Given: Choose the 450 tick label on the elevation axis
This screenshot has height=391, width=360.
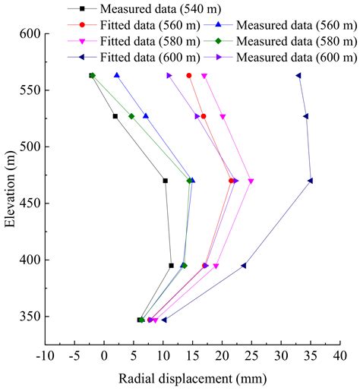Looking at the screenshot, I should pyautogui.click(x=30, y=203).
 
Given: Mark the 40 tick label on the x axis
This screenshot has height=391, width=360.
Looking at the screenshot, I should pyautogui.click(x=340, y=353).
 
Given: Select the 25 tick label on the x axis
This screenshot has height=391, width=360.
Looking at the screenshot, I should pyautogui.click(x=251, y=353).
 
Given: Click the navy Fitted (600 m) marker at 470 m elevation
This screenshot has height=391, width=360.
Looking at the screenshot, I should pyautogui.click(x=311, y=181).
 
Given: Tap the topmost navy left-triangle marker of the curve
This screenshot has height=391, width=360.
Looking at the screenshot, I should pyautogui.click(x=298, y=75).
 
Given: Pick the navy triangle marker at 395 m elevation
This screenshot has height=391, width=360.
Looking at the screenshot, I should pyautogui.click(x=244, y=266).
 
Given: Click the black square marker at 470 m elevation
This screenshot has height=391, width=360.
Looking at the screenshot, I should pyautogui.click(x=165, y=181).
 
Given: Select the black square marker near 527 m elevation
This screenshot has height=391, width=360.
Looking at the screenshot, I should pyautogui.click(x=115, y=116).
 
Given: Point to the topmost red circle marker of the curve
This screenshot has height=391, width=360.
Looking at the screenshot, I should pyautogui.click(x=189, y=75).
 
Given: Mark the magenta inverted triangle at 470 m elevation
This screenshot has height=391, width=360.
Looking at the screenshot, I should pyautogui.click(x=251, y=181).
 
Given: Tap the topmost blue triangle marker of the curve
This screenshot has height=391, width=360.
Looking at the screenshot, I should pyautogui.click(x=117, y=75).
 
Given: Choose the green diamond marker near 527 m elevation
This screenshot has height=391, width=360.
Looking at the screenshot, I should pyautogui.click(x=131, y=116).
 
